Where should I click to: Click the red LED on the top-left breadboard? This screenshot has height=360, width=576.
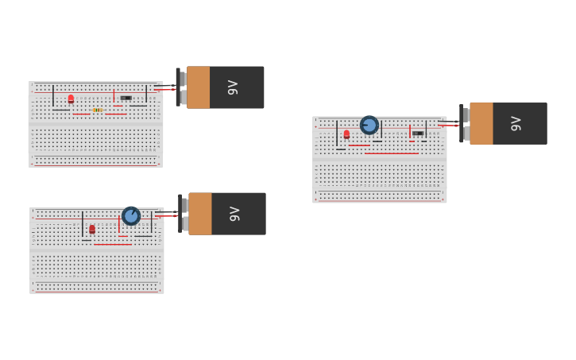[x=71, y=99]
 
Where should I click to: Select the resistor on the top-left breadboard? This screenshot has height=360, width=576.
[x=97, y=110]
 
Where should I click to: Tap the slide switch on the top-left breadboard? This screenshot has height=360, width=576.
[x=126, y=98]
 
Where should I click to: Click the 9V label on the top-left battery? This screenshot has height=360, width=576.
[x=233, y=87]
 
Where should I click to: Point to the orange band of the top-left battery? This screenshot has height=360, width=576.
[x=199, y=87]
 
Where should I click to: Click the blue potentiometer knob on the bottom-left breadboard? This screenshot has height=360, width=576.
[x=131, y=215]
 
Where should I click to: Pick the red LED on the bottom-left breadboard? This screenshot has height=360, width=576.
[x=92, y=229]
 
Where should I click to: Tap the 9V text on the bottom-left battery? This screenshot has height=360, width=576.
[x=234, y=214]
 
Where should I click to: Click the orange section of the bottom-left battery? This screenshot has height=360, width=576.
[x=200, y=214]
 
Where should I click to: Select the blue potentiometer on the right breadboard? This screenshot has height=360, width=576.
[x=369, y=125]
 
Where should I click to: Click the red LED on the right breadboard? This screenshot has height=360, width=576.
[x=346, y=134]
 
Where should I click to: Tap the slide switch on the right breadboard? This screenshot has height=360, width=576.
[x=418, y=133]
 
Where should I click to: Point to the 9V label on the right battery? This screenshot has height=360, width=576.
[x=516, y=123]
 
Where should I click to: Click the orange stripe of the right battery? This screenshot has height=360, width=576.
[x=481, y=123]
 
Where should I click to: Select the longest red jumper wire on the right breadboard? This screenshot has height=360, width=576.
[x=392, y=153]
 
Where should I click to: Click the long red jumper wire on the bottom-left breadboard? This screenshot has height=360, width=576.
[x=113, y=245]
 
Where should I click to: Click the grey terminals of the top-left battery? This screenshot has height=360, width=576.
[x=183, y=87]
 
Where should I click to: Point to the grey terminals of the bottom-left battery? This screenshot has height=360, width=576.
[x=184, y=214]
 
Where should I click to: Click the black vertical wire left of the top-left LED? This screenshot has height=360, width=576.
[x=53, y=96]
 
